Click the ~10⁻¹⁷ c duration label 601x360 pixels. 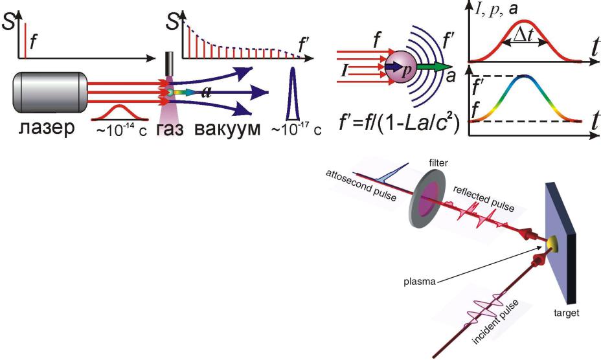(294, 129)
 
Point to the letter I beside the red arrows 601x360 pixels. (347, 67)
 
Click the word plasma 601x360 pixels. (416, 282)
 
